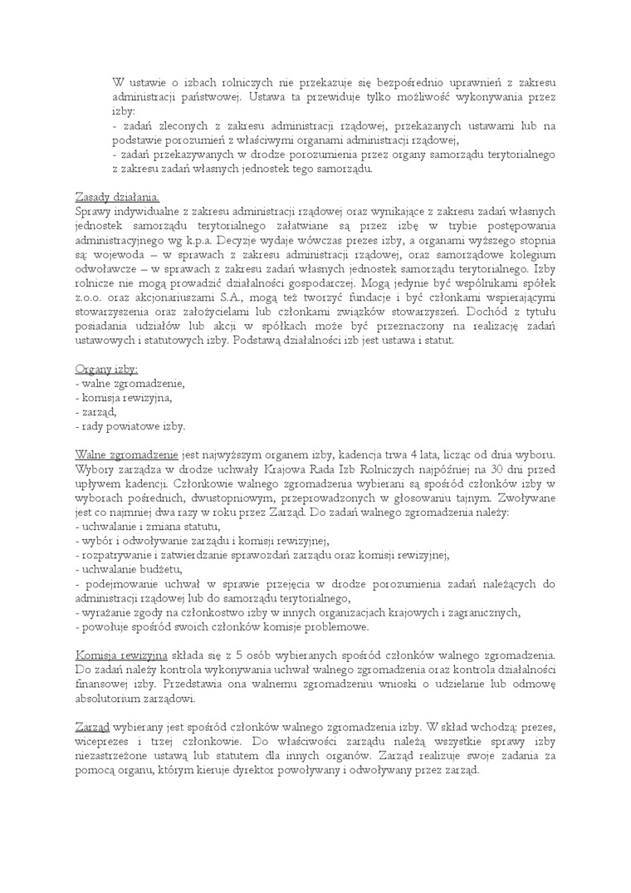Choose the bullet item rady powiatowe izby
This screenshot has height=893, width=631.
click(x=133, y=427)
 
